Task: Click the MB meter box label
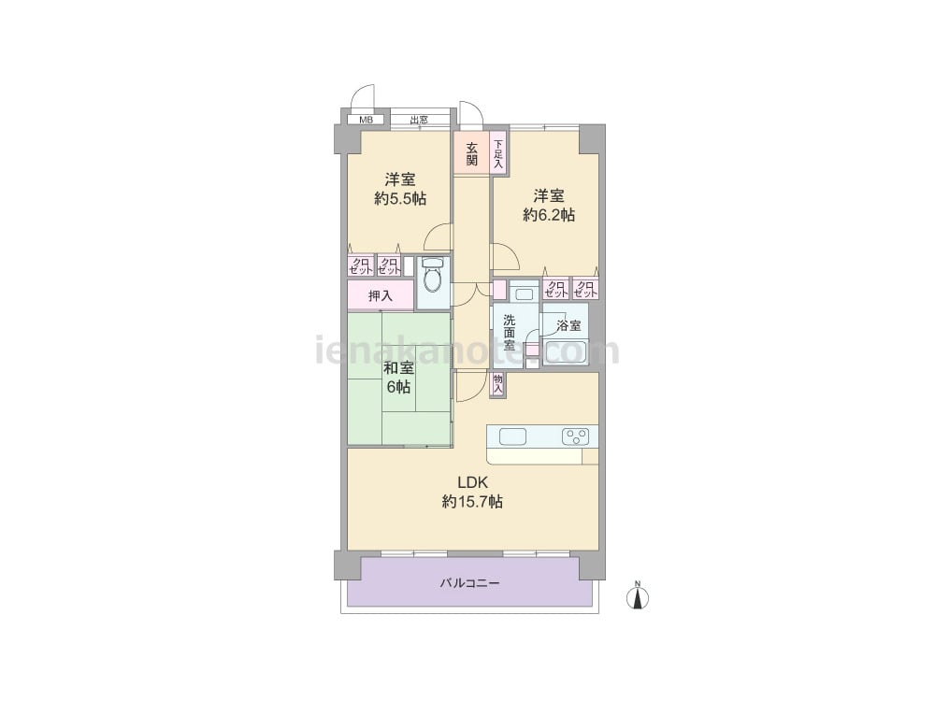pyautogui.click(x=366, y=120)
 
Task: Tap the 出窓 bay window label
pyautogui.click(x=419, y=120)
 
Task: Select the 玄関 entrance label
pyautogui.click(x=471, y=153)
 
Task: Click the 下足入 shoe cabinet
pyautogui.click(x=498, y=154)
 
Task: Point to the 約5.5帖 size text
pyautogui.click(x=400, y=198)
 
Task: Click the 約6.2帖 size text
pyautogui.click(x=549, y=215)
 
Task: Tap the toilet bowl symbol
pyautogui.click(x=432, y=274)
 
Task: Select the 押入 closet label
pyautogui.click(x=381, y=295)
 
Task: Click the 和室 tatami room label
pyautogui.click(x=398, y=367)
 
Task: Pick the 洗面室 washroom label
pyautogui.click(x=509, y=333)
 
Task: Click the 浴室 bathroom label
pyautogui.click(x=568, y=325)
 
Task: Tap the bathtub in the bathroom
pyautogui.click(x=566, y=351)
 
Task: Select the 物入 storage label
pyautogui.click(x=498, y=383)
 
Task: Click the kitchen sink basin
pyautogui.click(x=512, y=436)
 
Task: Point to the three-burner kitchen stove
pyautogui.click(x=575, y=436)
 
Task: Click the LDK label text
pyautogui.click(x=473, y=482)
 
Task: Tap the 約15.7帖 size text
pyautogui.click(x=472, y=502)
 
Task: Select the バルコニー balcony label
pyautogui.click(x=470, y=583)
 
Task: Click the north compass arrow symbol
pyautogui.click(x=638, y=596)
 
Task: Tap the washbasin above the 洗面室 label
pyautogui.click(x=525, y=293)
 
